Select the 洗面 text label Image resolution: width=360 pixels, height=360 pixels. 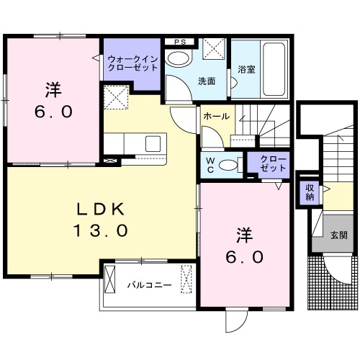click(x=207, y=81)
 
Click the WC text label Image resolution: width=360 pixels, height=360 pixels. click(x=210, y=165)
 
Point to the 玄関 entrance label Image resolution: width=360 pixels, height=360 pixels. click(x=339, y=235)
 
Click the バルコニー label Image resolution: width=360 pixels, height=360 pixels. click(x=149, y=285)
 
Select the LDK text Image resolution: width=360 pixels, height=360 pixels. click(x=102, y=209)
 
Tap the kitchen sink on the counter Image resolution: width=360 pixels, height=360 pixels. click(x=153, y=143)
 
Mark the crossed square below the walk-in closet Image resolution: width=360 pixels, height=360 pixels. click(x=117, y=98)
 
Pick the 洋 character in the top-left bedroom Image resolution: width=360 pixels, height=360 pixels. click(x=53, y=90)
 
